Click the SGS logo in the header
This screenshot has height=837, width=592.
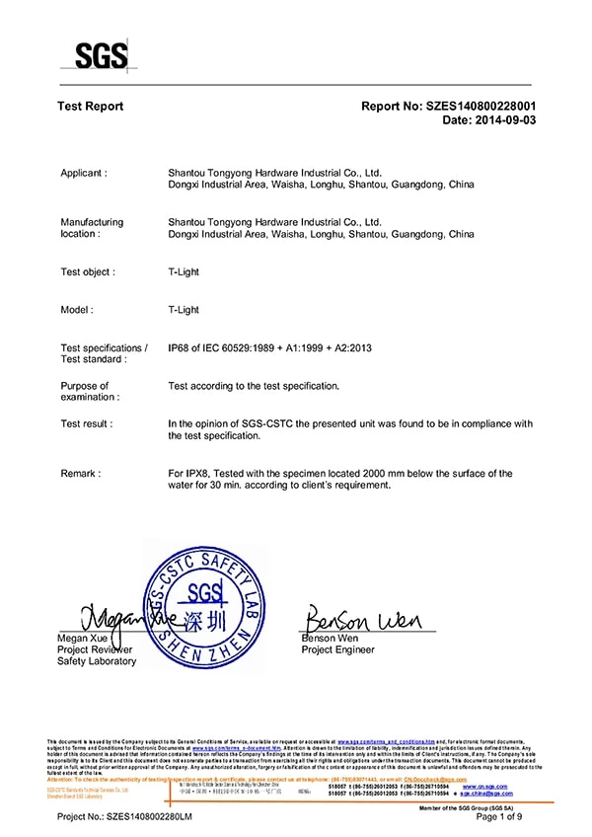pyautogui.click(x=101, y=53)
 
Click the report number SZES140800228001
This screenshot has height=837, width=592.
pyautogui.click(x=482, y=106)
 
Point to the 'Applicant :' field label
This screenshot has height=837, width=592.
pyautogui.click(x=84, y=173)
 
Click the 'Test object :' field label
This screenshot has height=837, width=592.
pyautogui.click(x=88, y=271)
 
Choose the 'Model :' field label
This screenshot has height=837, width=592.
pyautogui.click(x=77, y=309)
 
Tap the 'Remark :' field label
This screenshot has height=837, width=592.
pyautogui.click(x=80, y=474)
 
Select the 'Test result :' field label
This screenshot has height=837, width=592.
pyautogui.click(x=87, y=423)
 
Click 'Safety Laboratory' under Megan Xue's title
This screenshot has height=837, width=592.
pyautogui.click(x=98, y=661)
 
